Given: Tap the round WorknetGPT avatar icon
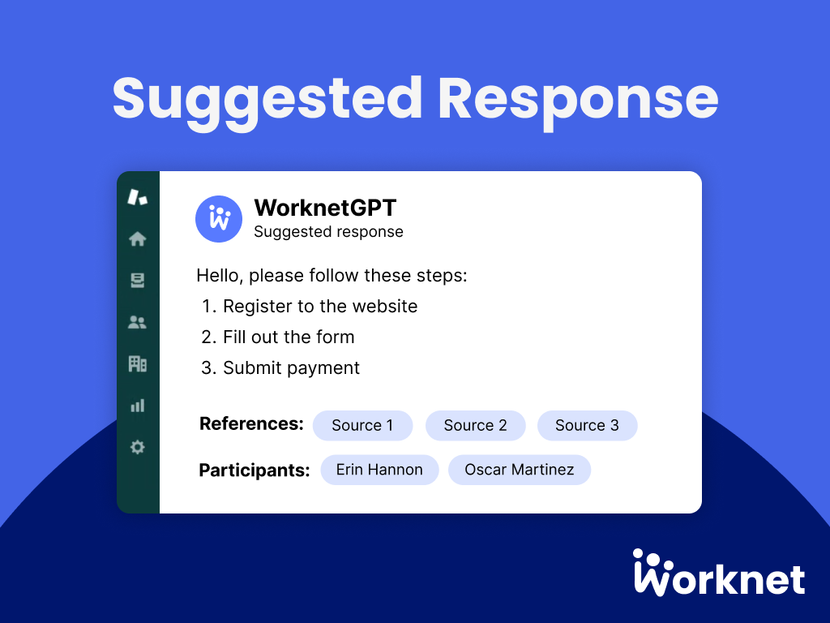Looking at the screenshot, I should point(219,219).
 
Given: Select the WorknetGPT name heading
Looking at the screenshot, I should point(325,208).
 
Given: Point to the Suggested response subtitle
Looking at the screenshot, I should point(328,232).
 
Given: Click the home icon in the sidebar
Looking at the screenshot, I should point(138,238).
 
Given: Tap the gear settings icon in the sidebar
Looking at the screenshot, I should point(138,447).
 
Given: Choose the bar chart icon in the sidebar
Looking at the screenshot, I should point(138,405).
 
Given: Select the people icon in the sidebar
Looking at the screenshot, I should point(138,322).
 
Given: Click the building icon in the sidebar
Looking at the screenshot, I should point(138,363).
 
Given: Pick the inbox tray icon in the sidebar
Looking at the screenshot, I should point(138,280).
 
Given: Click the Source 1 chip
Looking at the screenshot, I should point(362,425).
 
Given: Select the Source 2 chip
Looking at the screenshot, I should point(475,425).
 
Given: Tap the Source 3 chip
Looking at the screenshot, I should point(587,425).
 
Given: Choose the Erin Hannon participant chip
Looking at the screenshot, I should point(379,470).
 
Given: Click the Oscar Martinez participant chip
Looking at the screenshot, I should point(520,470).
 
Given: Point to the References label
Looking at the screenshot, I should point(251,423).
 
